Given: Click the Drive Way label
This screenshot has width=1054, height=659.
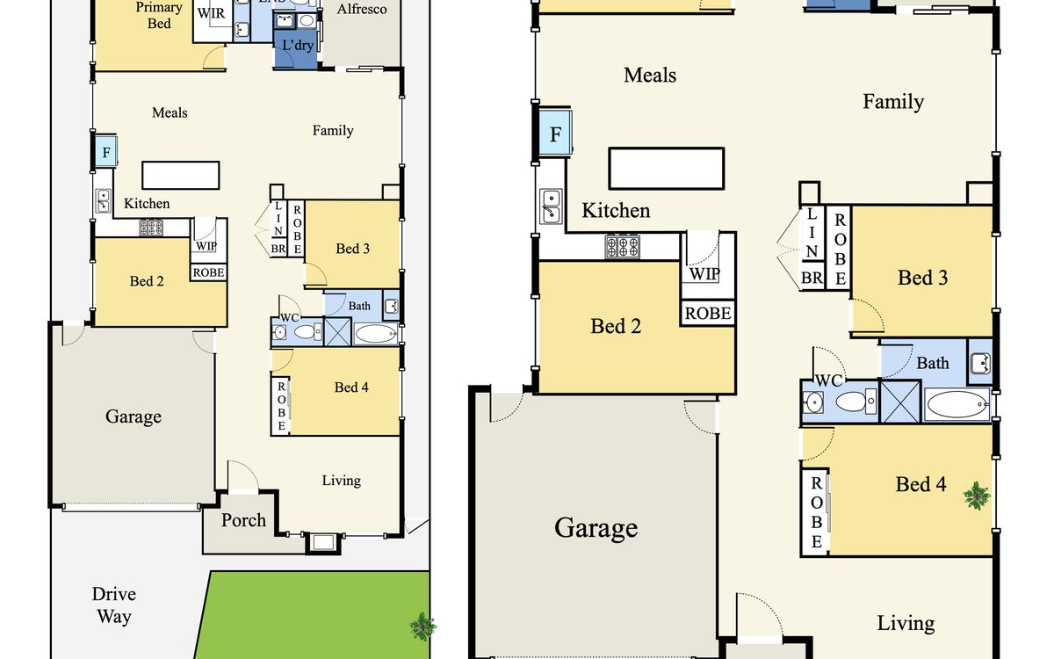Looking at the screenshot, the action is coord(114,605).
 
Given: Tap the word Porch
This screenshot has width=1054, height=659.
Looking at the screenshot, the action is coord(243,520).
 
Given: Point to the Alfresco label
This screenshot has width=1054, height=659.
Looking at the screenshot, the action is coord(362,9).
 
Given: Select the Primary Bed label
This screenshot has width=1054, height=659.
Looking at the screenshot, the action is coord(159,15).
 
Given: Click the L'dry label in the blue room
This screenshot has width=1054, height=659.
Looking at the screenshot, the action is coord(298,45).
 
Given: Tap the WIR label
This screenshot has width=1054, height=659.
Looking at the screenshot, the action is coord(212,13).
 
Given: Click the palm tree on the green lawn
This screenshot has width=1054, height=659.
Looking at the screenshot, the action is coord(422,626).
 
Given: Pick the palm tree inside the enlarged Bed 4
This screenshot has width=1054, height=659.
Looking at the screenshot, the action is coord(977,496).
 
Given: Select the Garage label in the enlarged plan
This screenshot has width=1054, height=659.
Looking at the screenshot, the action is coord(596,528).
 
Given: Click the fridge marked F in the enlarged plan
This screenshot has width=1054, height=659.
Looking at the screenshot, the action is coord(555,134).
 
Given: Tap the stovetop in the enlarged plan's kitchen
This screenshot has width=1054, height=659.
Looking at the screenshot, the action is coord(622,247).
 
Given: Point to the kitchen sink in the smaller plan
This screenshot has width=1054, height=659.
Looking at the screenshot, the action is coord(103,201).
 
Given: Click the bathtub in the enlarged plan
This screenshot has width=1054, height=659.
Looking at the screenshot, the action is coord(957,404).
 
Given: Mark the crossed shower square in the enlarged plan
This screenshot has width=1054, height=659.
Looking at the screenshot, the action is coord(900,402).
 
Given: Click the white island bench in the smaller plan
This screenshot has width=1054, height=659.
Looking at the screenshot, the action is coord(181,176).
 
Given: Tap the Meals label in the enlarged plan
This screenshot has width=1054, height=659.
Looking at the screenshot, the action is coord(650,76).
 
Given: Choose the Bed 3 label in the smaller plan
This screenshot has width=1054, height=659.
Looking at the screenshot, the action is coord(352,249).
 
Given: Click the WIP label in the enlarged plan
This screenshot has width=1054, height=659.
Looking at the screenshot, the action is coord(704,274).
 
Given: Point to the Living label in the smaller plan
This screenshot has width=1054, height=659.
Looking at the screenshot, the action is coord(341,481).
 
